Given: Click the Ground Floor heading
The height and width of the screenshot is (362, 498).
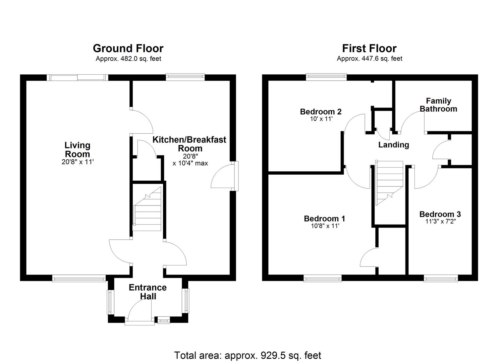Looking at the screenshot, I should (x=128, y=49).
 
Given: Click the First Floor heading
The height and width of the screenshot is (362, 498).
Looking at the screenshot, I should (x=369, y=49).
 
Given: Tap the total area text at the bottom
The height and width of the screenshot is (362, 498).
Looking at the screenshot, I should (x=247, y=355).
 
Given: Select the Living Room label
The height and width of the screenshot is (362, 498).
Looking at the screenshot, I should (x=77, y=150).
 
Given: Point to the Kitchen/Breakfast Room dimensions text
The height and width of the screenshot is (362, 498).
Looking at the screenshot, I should (x=190, y=160).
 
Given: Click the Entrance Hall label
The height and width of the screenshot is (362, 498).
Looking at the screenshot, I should (x=148, y=292).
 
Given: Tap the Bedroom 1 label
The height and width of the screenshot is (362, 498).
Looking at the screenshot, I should (x=324, y=219).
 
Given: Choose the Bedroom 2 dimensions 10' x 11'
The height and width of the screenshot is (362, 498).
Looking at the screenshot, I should (x=321, y=119).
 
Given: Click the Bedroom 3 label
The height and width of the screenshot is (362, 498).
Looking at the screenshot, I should (x=440, y=214).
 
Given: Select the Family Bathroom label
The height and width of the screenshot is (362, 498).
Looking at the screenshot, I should (x=438, y=105).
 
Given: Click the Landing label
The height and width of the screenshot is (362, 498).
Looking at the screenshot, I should (x=393, y=145).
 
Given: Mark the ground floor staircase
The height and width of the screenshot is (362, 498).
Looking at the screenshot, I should (x=148, y=209).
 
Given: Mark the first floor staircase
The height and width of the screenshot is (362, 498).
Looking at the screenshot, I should (x=389, y=183).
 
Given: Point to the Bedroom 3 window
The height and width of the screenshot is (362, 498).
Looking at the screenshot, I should (x=441, y=278).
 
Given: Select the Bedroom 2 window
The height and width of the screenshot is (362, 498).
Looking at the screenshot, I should (x=326, y=77).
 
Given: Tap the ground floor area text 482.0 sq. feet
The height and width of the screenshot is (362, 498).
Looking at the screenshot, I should (x=128, y=59).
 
